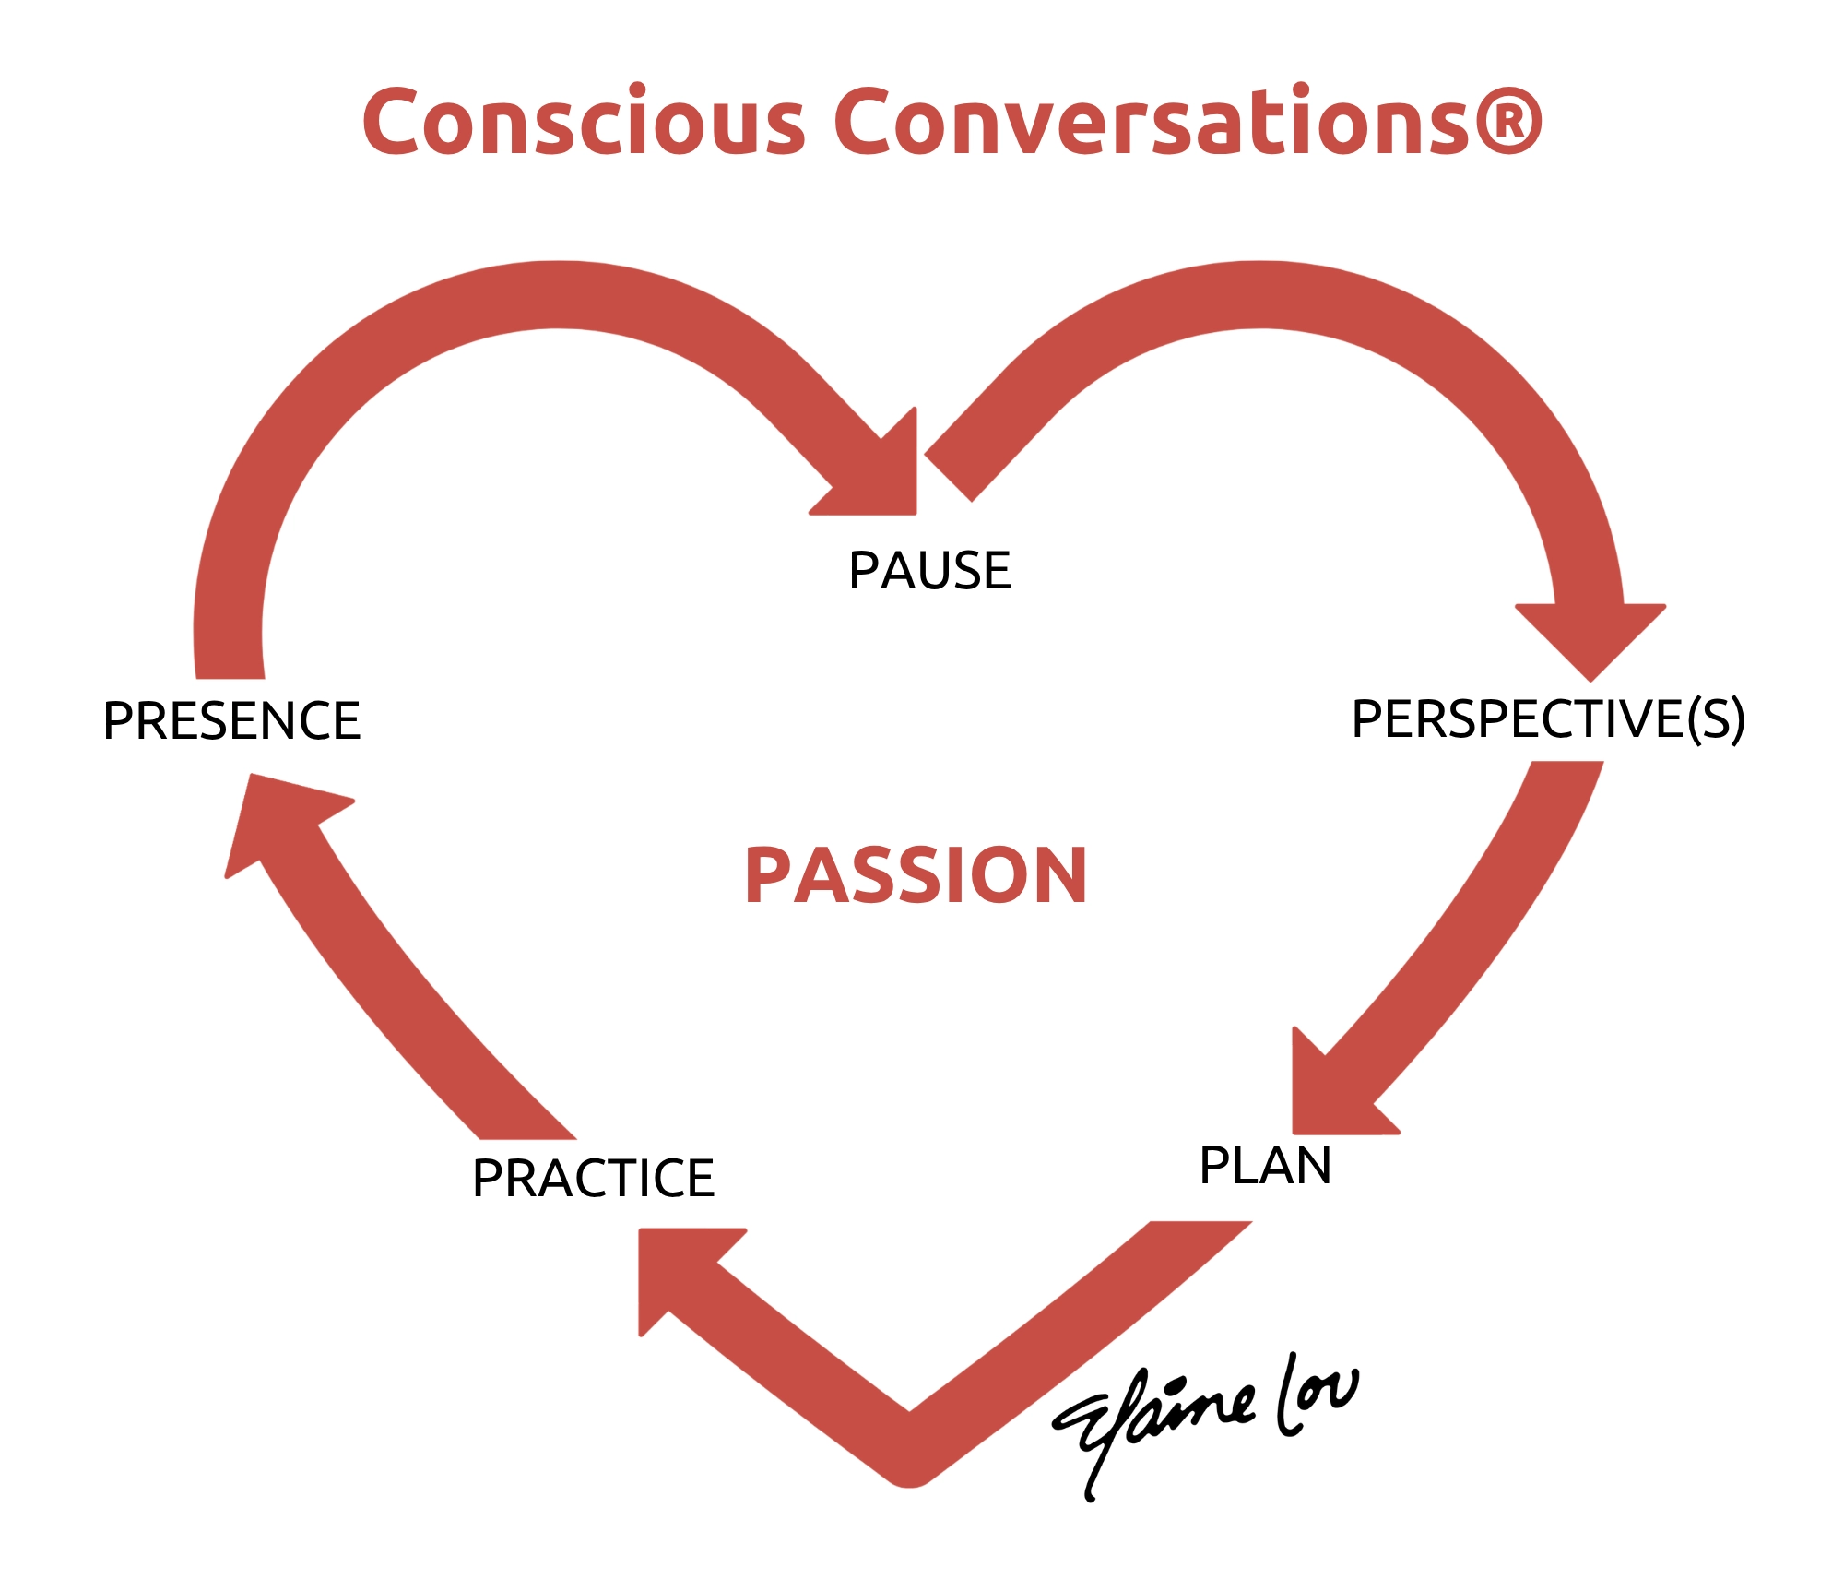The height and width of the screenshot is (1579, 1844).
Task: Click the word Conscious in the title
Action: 585,120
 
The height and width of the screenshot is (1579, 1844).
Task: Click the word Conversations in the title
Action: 1152,120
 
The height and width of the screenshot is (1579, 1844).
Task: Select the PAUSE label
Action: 929,570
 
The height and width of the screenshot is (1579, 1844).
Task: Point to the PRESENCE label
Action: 231,720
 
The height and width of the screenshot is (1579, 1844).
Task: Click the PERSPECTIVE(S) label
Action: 1548,719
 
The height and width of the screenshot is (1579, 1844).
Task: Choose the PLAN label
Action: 1265,1165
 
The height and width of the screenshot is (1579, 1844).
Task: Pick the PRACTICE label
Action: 593,1178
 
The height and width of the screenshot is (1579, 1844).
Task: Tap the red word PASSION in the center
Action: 916,875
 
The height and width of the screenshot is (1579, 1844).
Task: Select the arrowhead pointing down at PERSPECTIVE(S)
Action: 1590,636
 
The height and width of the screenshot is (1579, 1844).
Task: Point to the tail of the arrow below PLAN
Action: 1200,1224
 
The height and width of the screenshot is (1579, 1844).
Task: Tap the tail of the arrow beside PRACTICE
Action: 527,1137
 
